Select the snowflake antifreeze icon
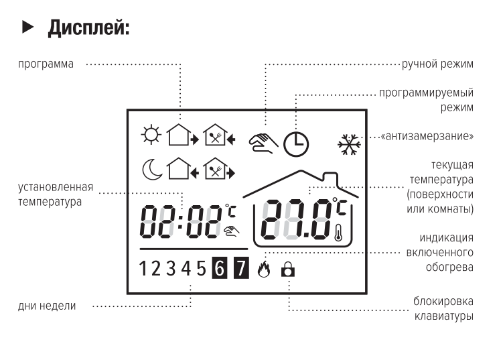[x=348, y=143]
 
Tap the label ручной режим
[x=437, y=64]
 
